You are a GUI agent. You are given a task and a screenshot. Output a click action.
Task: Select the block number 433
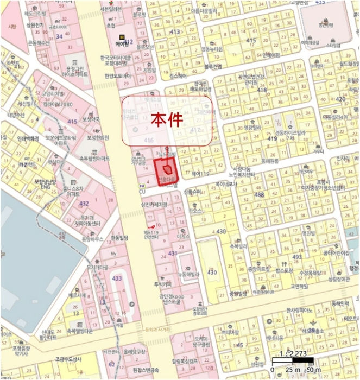click(117, 278)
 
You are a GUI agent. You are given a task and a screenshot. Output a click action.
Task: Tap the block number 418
click(263, 90)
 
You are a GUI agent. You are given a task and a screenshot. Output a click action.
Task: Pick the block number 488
click(259, 194)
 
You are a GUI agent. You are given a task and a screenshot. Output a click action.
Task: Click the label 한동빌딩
click(119, 238)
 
